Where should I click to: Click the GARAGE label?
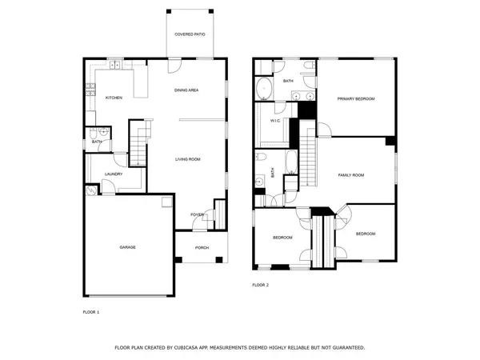click(x=128, y=247)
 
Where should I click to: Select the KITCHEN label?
click(x=114, y=98)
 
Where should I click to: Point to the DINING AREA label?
click(x=186, y=90)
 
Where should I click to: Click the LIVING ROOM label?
click(x=188, y=159)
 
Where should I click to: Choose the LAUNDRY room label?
click(x=113, y=174)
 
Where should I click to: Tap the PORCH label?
click(x=202, y=247)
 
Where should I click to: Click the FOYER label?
click(x=196, y=214)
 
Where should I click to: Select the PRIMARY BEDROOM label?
click(x=356, y=98)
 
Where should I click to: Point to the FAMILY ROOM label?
click(x=351, y=174)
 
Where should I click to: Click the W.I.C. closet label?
click(x=274, y=121)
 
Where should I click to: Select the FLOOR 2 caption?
click(x=261, y=285)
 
